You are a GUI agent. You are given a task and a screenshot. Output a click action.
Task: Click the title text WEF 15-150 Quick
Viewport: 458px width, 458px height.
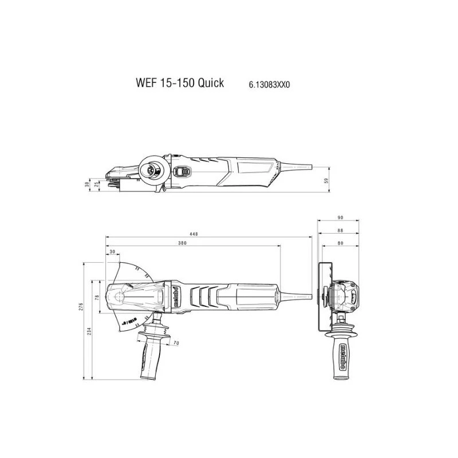pyautogui.click(x=180, y=83)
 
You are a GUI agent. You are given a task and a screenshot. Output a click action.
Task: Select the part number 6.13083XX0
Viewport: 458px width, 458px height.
pyautogui.click(x=270, y=84)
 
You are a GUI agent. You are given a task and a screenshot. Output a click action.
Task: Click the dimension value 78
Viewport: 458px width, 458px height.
pyautogui.click(x=97, y=297)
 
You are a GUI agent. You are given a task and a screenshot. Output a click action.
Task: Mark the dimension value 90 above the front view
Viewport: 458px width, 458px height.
pyautogui.click(x=339, y=218)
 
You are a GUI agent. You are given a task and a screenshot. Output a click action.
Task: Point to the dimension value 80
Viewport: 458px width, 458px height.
pyautogui.click(x=339, y=242)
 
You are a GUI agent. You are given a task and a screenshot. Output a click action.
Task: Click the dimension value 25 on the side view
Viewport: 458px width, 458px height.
pyautogui.click(x=97, y=185)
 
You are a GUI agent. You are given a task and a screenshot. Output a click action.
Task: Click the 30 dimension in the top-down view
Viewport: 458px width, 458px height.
pyautogui.click(x=112, y=252)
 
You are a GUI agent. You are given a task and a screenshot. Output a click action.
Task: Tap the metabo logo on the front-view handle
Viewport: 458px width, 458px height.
pyautogui.click(x=342, y=354)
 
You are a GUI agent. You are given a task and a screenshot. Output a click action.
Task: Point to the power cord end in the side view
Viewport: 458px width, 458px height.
pyautogui.click(x=309, y=167)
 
